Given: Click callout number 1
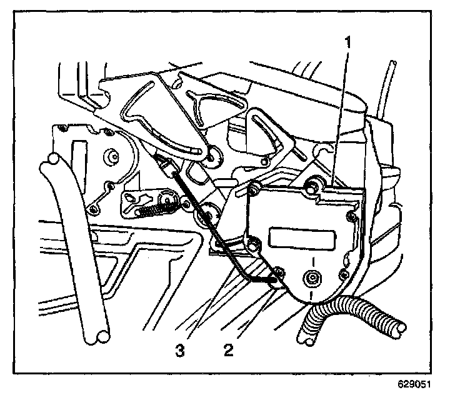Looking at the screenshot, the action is (x=348, y=42).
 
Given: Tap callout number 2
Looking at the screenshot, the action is (x=229, y=350).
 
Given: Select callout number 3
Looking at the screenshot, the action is (x=180, y=350).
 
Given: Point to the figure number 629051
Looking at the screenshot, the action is (x=414, y=384).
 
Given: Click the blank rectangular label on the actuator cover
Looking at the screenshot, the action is (x=302, y=237).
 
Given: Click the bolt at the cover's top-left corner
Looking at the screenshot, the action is (x=253, y=188).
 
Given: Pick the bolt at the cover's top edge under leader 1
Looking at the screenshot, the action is (x=312, y=186).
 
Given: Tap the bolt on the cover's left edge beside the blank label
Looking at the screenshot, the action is (x=254, y=243).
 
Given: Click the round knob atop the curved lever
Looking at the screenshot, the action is (x=52, y=159).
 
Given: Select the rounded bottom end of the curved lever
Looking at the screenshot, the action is (x=102, y=336).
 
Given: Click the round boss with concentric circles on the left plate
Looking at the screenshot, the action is (x=111, y=156).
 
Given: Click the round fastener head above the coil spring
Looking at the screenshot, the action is (x=167, y=201).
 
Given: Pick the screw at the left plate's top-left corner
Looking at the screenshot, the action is (x=61, y=128).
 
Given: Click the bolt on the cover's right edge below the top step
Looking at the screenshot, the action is (x=351, y=217).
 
